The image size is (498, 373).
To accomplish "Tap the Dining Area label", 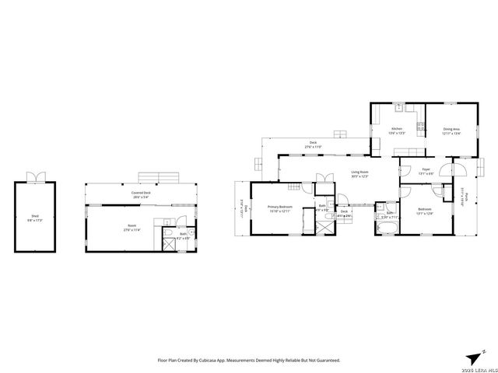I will (x=451, y=129).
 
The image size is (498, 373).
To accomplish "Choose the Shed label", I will (x=37, y=218).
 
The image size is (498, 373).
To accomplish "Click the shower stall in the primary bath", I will (x=321, y=226).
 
